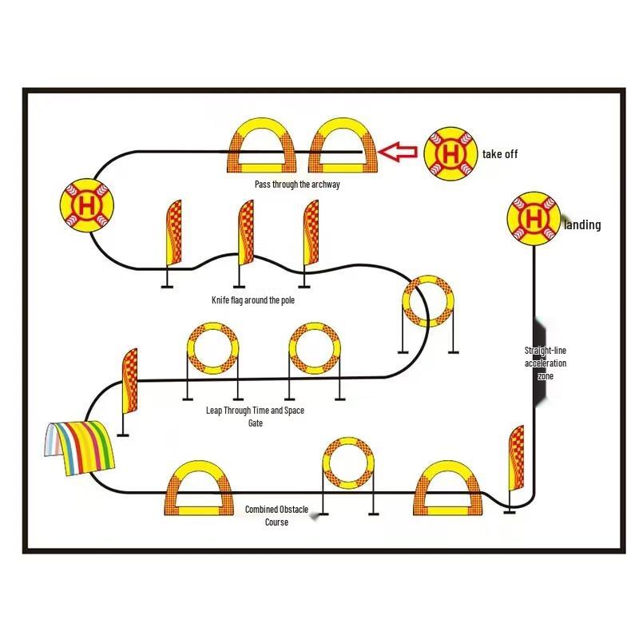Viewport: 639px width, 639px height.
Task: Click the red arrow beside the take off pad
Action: click(397, 151)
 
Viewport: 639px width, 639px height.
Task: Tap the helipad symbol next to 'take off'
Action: click(450, 153)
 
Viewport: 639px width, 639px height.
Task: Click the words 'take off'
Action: click(499, 153)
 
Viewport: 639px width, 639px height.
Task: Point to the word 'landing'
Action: click(582, 225)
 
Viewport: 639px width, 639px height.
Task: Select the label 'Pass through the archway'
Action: click(297, 185)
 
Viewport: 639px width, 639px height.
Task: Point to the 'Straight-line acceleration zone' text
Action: click(546, 363)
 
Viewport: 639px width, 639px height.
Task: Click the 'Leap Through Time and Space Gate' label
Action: click(255, 416)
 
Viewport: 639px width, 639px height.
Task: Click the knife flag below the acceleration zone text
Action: click(516, 464)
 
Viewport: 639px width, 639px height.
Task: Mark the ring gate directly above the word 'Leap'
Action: click(212, 350)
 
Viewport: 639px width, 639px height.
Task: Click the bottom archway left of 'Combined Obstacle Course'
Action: click(200, 489)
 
